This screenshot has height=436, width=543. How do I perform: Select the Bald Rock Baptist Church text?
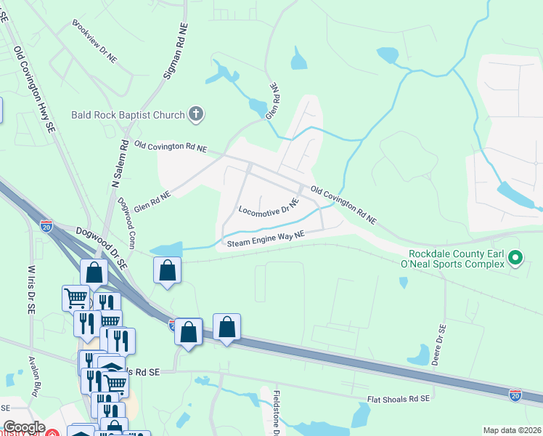coord(128,115)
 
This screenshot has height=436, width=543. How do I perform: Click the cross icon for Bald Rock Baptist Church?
coord(195,113)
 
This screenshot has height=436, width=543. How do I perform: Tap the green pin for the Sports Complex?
coord(515,257)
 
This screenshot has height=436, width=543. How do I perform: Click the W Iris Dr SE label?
coord(31,288)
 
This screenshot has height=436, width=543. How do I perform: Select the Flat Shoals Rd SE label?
coord(399,398)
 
